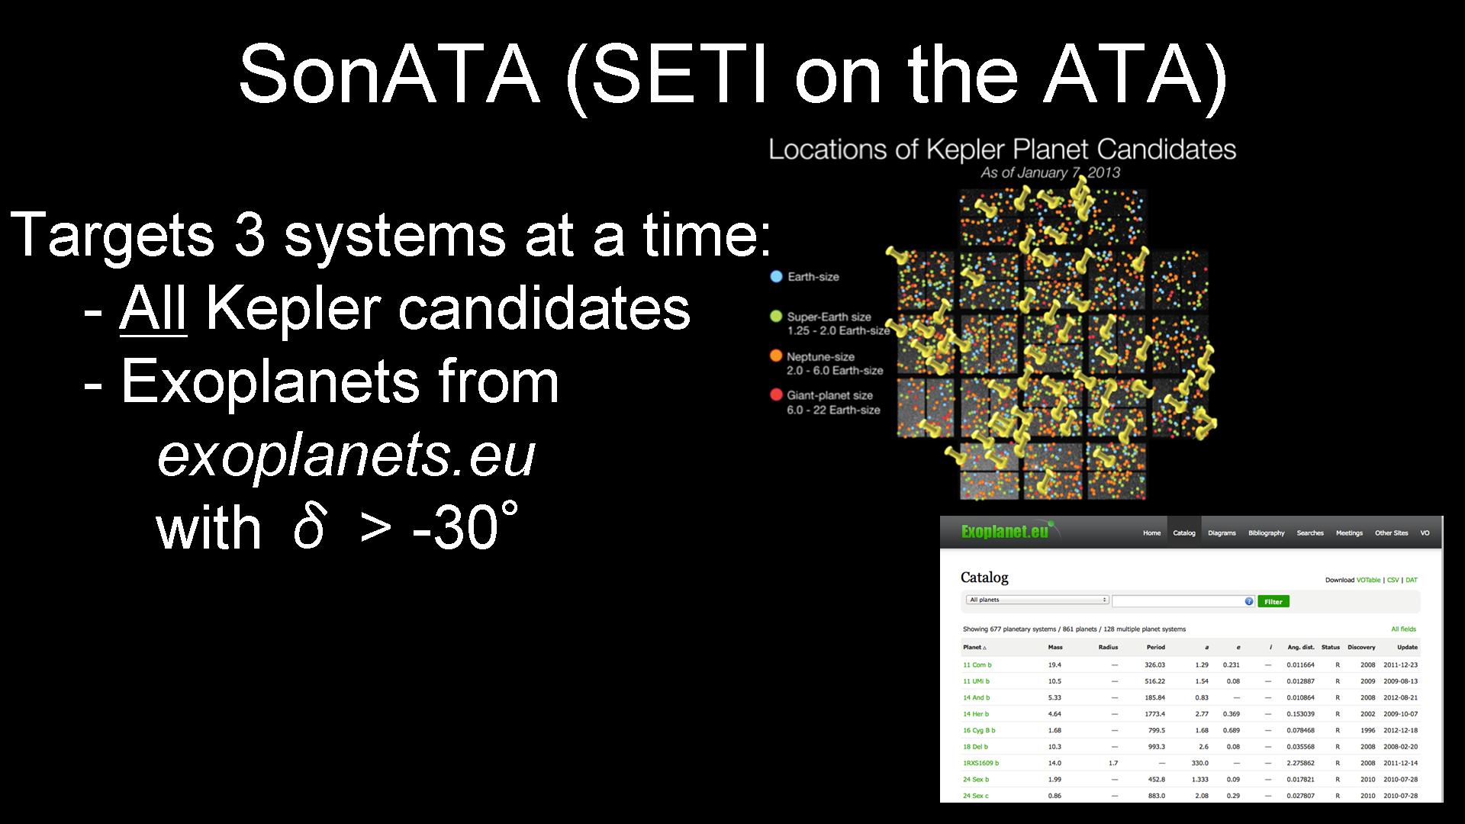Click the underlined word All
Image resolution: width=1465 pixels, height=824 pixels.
153,309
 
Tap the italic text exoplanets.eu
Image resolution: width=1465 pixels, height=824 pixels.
346,455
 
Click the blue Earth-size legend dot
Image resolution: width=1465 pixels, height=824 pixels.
777,276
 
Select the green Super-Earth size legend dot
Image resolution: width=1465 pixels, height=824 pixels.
777,317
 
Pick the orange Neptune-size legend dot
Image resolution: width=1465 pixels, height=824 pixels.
777,356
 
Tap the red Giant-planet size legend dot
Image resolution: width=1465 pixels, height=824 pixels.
777,395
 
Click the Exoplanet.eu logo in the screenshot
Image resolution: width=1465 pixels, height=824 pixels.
1006,531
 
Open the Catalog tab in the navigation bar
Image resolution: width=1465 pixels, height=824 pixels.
1184,533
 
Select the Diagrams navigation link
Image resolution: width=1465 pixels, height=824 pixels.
1222,533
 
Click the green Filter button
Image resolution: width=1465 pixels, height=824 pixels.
1273,601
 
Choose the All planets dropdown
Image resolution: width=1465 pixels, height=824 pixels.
1037,600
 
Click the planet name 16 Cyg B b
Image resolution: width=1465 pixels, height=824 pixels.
979,730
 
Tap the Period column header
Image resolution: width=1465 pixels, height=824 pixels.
1155,647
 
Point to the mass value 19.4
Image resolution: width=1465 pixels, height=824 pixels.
1054,665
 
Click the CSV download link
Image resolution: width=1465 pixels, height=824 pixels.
1393,580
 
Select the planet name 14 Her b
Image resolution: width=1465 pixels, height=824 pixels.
976,714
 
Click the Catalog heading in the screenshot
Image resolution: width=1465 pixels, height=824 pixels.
984,577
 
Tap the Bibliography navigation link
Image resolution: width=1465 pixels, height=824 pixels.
1267,533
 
